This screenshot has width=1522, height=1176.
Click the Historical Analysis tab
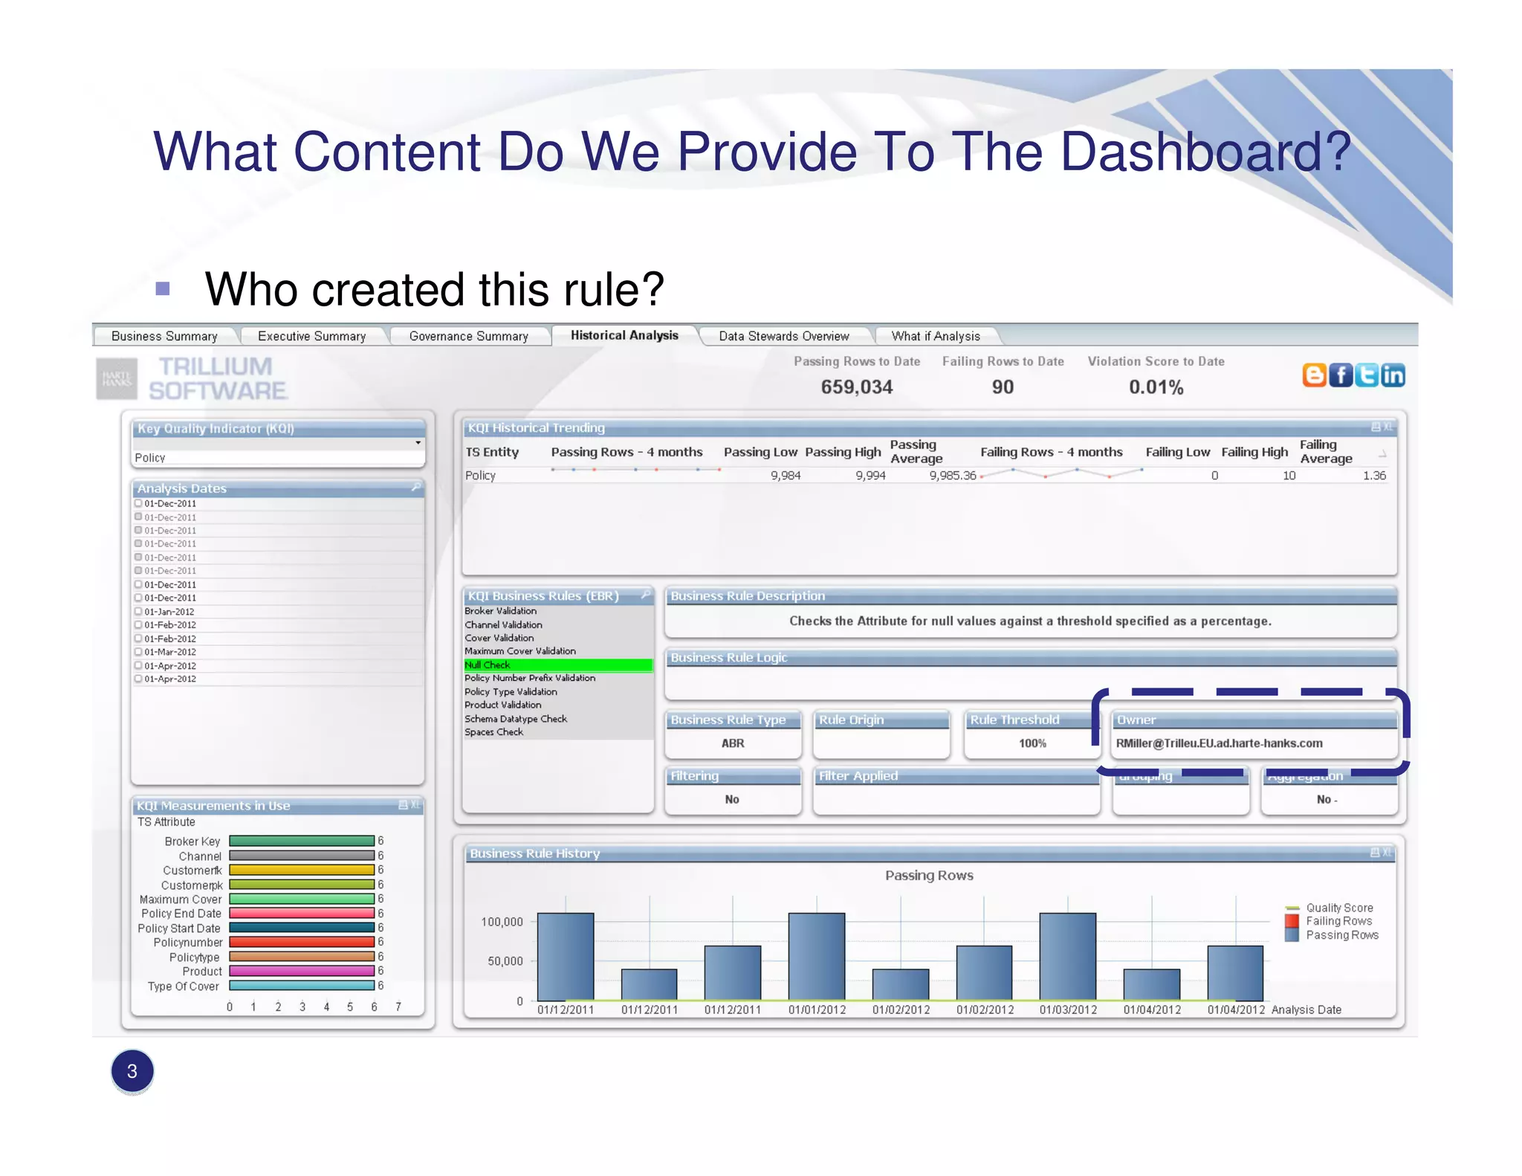click(624, 336)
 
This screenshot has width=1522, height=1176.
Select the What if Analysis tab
click(935, 337)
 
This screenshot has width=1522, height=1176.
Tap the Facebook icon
click(1340, 375)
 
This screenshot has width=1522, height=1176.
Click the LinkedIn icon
click(1393, 375)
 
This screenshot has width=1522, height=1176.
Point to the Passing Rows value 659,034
click(856, 387)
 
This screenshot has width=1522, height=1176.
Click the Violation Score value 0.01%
click(1156, 387)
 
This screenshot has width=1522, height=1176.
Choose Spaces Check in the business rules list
click(494, 732)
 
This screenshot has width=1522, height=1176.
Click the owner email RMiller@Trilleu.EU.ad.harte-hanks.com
click(1219, 743)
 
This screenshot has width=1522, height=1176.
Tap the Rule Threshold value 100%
click(1032, 743)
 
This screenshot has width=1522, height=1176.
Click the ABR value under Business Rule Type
click(732, 743)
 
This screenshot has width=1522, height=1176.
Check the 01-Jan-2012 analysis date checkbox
click(138, 612)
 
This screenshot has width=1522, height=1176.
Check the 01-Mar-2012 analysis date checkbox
click(138, 652)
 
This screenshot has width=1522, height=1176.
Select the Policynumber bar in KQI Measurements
click(302, 942)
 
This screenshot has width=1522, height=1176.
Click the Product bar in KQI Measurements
click(302, 971)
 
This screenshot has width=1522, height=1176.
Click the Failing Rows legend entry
click(1338, 921)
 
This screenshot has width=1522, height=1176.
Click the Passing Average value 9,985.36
click(952, 476)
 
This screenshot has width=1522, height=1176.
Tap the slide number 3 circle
click(132, 1071)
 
